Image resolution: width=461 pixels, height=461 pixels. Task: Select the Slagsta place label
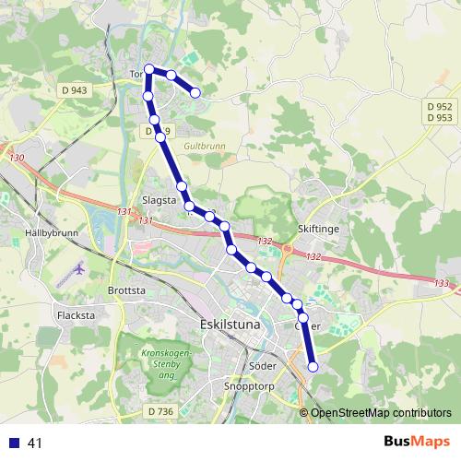(159, 198)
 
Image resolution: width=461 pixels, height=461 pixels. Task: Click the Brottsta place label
(127, 289)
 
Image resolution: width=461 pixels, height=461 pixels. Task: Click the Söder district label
(263, 363)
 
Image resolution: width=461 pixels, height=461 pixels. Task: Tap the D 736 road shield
(160, 411)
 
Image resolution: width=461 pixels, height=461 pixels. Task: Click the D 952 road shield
(440, 106)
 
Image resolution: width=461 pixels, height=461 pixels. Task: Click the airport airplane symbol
(77, 269)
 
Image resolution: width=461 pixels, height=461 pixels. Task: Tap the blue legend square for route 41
(15, 443)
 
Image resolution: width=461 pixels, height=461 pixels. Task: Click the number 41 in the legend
(36, 443)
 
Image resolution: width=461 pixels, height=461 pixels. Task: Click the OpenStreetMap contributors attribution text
(380, 413)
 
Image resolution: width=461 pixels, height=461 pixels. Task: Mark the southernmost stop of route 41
(313, 367)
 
